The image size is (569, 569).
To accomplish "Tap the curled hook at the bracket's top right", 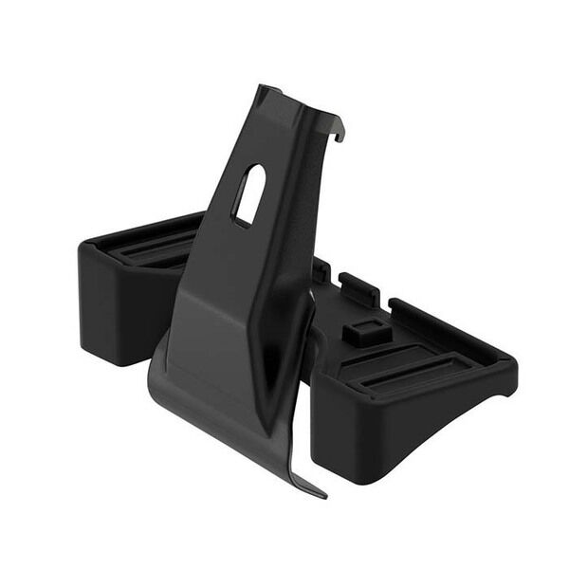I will (337, 128).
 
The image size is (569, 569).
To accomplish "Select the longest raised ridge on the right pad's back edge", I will (446, 327).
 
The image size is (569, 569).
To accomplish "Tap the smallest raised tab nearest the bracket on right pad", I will (321, 270).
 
